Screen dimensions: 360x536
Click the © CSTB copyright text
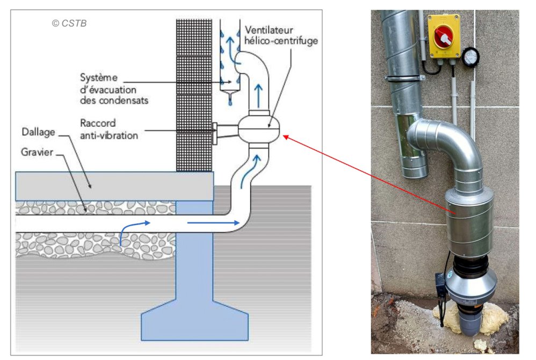point(69,23)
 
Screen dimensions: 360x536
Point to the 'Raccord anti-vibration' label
point(108,129)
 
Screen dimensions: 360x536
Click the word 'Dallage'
point(39,132)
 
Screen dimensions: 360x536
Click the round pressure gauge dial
point(470,56)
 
